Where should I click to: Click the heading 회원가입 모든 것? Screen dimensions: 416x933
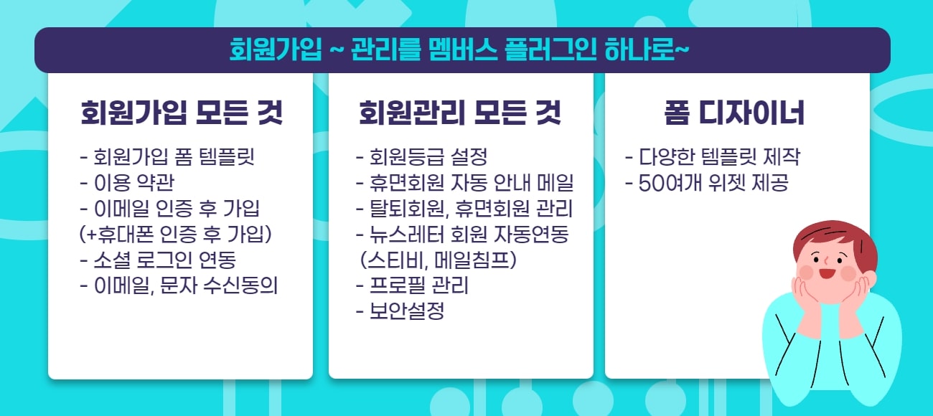coord(181,113)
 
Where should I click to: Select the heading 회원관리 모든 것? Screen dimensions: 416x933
coord(460,113)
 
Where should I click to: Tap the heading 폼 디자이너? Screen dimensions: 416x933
coord(733,113)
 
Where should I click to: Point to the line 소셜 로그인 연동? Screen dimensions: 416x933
coord(158,259)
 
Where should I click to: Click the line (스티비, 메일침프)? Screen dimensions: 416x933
coord(438,260)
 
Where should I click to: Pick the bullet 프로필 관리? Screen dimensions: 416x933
coord(413,285)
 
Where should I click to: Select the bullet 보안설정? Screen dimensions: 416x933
coord(400,311)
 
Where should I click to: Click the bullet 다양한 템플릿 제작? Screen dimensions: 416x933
coord(713,156)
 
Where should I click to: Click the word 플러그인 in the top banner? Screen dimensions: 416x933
coord(538,50)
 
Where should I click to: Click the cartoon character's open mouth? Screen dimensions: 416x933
coord(827,273)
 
